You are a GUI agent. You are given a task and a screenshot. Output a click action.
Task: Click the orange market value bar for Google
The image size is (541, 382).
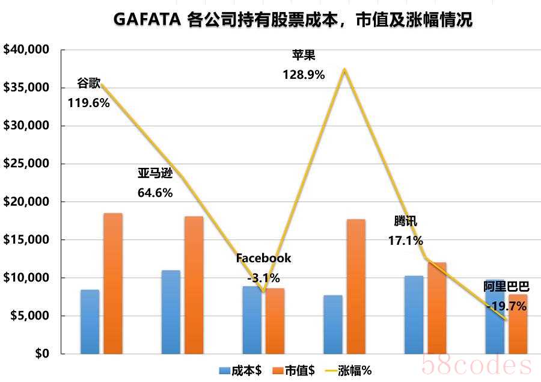tap(112, 283)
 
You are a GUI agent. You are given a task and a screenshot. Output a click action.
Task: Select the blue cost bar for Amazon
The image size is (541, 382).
tap(171, 312)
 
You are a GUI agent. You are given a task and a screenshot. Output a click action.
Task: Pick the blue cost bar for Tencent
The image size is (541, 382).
tap(414, 314)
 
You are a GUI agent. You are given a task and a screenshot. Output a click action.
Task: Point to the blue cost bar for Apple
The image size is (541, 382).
tap(332, 324)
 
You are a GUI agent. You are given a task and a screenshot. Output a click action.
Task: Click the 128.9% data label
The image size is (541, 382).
tap(304, 75)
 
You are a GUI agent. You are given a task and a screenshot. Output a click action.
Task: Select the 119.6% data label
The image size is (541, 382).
tap(89, 103)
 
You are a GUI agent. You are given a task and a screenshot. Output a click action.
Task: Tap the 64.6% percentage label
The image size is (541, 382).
tap(155, 193)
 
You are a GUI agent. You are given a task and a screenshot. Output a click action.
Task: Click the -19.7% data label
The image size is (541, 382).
tap(506, 306)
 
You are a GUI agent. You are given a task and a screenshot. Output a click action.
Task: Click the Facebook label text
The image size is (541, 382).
tap(263, 258)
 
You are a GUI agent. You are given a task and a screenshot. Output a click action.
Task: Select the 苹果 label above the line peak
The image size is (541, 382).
tap(304, 56)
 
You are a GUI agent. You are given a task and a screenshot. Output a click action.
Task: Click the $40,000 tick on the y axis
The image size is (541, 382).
tap(26, 50)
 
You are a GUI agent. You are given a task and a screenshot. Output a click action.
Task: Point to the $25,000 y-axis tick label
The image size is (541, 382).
tap(26, 164)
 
